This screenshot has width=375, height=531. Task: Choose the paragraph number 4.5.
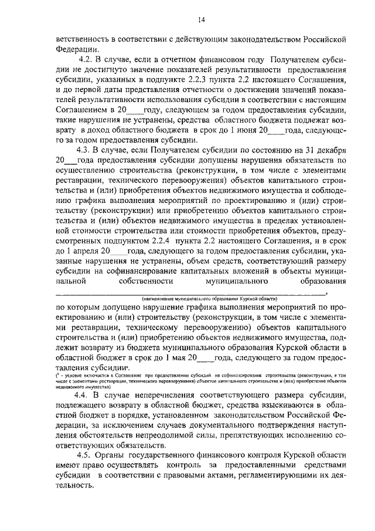[86, 455]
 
